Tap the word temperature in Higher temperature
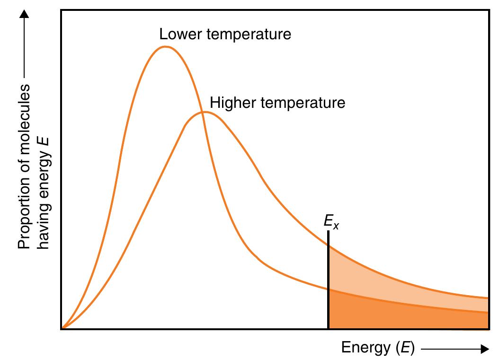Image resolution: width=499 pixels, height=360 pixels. point(303,103)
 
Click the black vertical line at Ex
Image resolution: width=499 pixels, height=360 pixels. point(328,284)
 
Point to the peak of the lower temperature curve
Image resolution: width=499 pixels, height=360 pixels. point(165,47)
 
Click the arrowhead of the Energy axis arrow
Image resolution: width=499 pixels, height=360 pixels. point(484,349)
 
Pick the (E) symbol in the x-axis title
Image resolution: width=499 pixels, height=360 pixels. point(405,349)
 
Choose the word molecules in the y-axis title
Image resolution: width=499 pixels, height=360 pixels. point(24,118)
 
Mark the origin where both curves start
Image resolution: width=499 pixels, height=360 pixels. point(62,327)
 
